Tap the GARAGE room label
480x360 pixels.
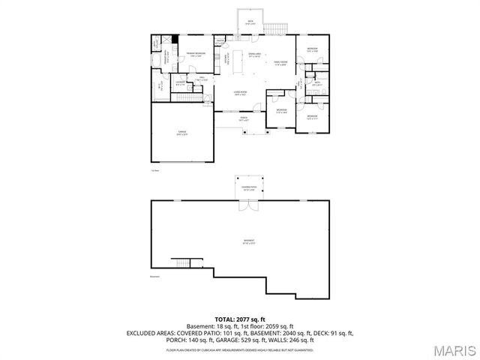coord(181,132)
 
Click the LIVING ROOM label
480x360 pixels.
coord(239,91)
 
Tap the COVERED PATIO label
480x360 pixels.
coord(248,188)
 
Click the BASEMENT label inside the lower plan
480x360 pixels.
coord(248,241)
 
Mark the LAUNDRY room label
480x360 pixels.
coord(181,82)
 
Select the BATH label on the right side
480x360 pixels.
coord(317,82)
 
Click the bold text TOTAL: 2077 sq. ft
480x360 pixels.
coord(239,319)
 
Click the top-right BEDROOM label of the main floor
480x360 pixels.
coord(312,49)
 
